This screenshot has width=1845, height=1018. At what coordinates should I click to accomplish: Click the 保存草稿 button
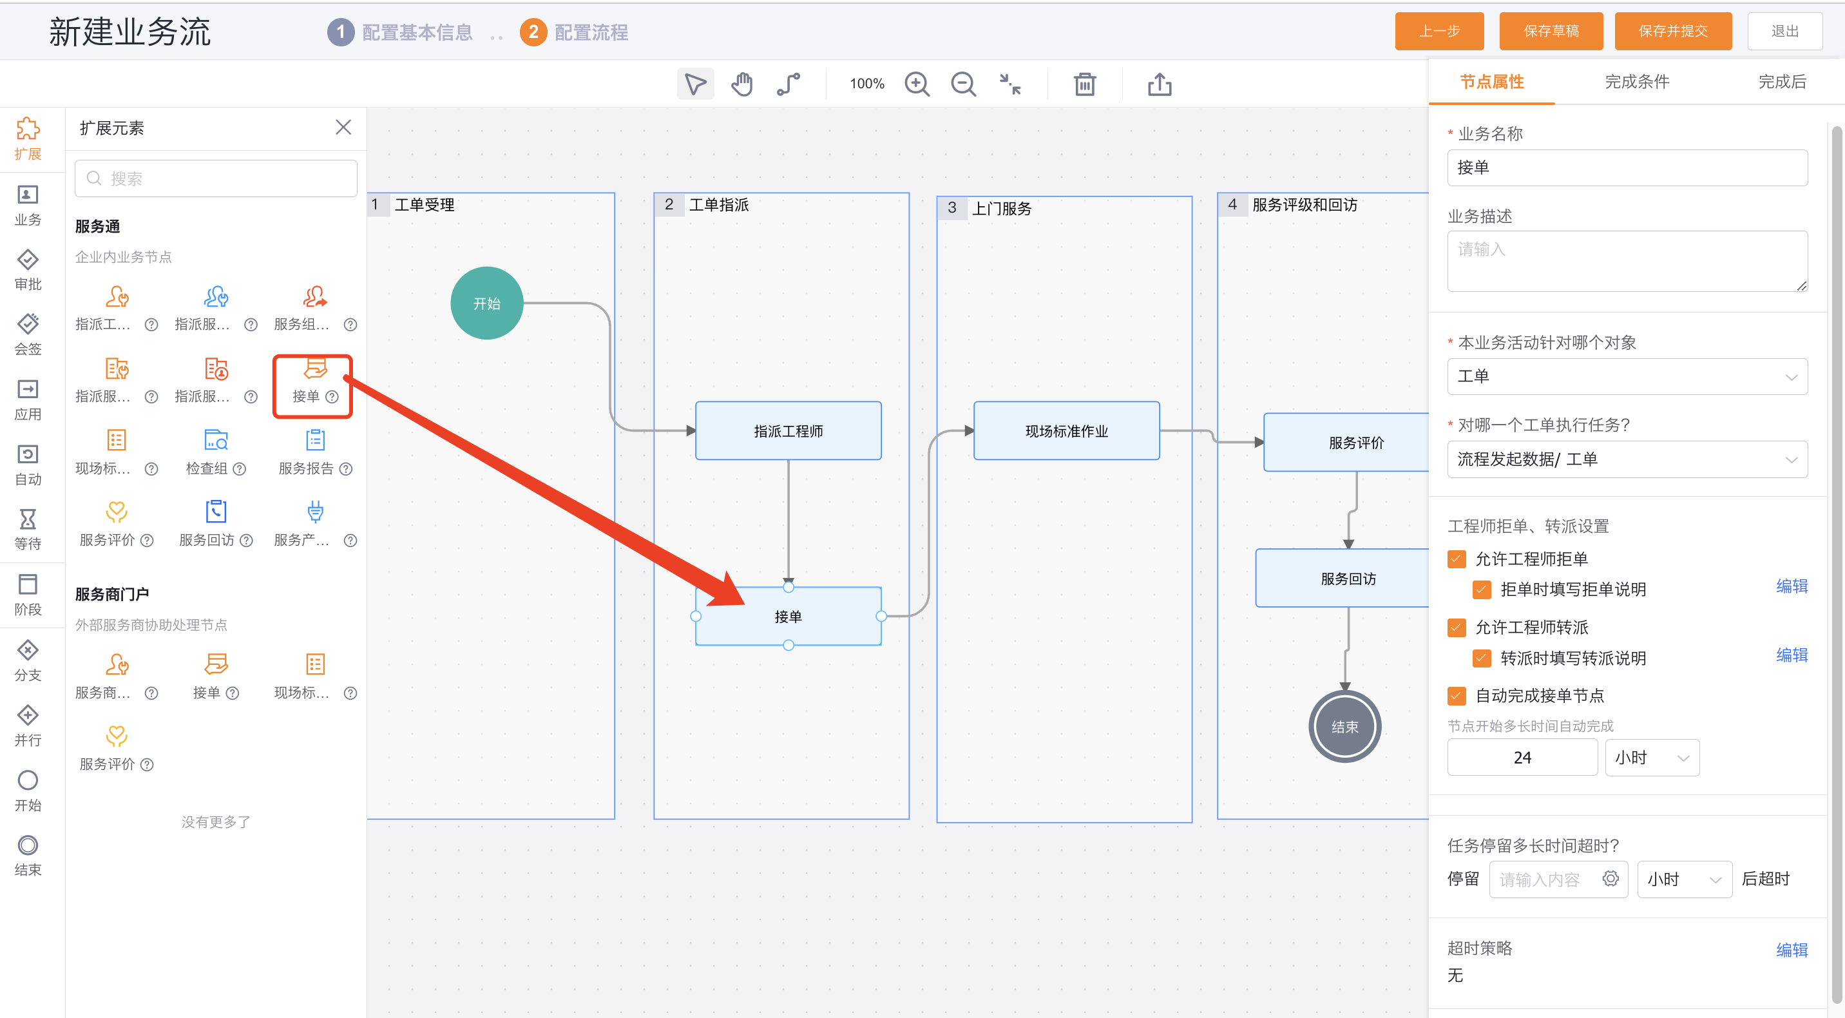(x=1551, y=32)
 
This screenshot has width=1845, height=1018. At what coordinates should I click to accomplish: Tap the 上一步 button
(x=1439, y=32)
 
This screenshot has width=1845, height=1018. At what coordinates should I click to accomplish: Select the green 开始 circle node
(x=487, y=303)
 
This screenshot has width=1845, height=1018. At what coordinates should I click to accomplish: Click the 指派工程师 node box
(x=789, y=430)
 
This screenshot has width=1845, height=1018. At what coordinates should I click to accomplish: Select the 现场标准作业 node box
(x=1066, y=430)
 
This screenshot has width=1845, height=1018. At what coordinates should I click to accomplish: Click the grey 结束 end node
(x=1345, y=726)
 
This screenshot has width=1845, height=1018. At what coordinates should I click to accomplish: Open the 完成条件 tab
(x=1636, y=82)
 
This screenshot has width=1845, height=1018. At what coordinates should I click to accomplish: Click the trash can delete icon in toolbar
(x=1084, y=84)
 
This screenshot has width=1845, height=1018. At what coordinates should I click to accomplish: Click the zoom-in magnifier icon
(x=917, y=84)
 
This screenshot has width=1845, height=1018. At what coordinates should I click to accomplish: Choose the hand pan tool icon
(x=742, y=84)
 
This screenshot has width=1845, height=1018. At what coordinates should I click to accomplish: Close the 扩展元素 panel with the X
(x=344, y=128)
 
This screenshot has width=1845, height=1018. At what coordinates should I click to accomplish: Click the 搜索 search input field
(x=216, y=178)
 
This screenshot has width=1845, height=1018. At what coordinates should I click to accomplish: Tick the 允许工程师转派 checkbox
(x=1457, y=628)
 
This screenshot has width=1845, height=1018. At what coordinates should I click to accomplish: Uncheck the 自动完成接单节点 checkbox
(x=1457, y=696)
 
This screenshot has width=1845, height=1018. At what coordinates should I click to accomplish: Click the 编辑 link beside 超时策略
(x=1792, y=950)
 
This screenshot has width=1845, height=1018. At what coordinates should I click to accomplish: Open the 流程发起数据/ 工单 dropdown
(x=1627, y=459)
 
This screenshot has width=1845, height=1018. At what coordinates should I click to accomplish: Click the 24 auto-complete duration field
(x=1522, y=757)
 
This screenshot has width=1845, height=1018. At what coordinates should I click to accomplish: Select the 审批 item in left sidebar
(x=28, y=269)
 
